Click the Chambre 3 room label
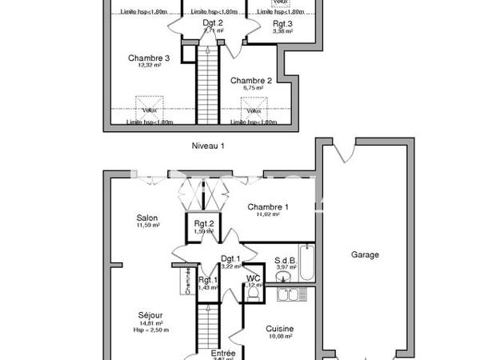148,58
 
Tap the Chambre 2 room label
252,81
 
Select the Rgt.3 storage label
282,24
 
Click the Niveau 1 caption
208,146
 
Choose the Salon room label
146,218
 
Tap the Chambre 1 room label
267,206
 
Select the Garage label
365,255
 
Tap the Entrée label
222,353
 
